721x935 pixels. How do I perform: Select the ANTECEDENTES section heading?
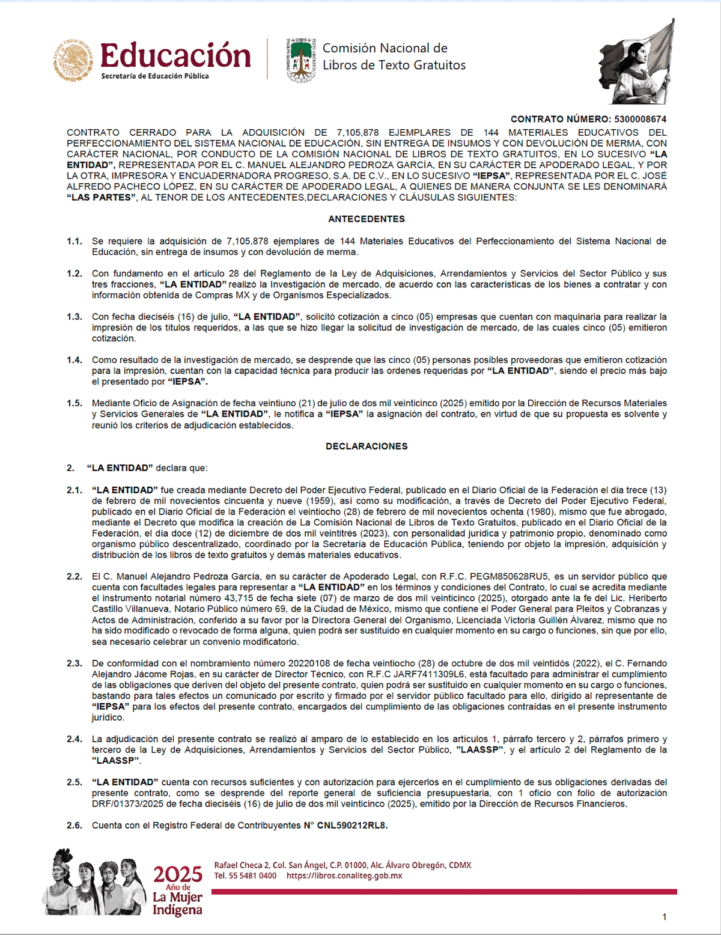pyautogui.click(x=367, y=219)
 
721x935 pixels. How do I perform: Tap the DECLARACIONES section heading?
pyautogui.click(x=367, y=446)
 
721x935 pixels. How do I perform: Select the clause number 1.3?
pyautogui.click(x=75, y=317)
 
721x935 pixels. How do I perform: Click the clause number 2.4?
pyautogui.click(x=75, y=739)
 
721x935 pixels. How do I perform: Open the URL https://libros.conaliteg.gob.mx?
pyautogui.click(x=344, y=876)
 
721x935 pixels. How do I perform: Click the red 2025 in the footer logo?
pyautogui.click(x=178, y=874)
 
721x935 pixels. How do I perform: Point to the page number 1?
pyautogui.click(x=664, y=917)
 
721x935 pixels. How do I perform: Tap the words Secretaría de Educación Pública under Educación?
pyautogui.click(x=155, y=76)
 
